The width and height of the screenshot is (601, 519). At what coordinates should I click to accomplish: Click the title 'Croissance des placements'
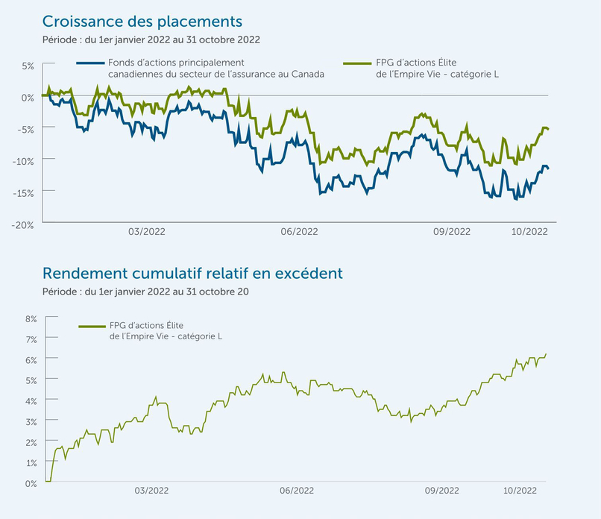point(142,20)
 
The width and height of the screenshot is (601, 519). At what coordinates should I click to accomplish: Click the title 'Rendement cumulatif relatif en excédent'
point(192,273)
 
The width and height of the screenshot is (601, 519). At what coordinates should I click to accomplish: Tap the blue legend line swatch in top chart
point(91,63)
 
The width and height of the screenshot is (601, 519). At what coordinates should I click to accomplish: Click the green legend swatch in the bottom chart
point(92,326)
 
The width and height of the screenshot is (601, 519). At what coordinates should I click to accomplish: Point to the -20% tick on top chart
point(23,223)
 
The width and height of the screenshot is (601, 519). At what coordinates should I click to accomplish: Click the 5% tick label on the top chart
point(27,66)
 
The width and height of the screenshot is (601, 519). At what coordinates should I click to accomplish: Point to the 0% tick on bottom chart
point(31,483)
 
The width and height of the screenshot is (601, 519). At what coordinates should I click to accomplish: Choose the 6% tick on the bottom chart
point(31,359)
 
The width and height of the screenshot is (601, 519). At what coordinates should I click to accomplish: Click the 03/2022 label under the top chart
point(147,232)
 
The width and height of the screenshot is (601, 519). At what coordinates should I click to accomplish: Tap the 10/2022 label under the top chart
point(529,232)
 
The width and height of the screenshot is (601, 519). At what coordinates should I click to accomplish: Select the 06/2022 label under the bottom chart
point(297,491)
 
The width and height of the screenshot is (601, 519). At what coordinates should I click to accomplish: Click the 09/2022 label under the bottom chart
point(441,491)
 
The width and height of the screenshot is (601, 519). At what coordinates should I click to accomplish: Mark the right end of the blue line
point(549,169)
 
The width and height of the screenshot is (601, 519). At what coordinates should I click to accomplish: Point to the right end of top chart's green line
point(549,130)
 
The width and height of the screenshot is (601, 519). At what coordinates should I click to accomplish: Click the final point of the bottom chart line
point(546,354)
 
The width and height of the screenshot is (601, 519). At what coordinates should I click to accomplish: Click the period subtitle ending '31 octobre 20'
point(145,292)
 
